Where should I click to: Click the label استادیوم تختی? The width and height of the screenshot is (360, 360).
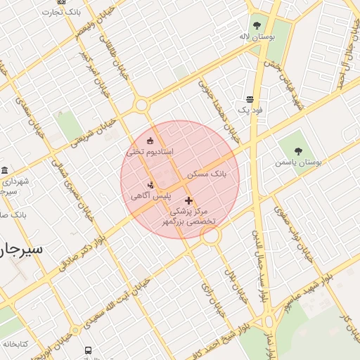tap(148, 151)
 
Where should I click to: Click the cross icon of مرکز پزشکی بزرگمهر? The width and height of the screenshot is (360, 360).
tap(188, 200)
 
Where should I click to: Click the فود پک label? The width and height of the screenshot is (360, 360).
tap(250, 110)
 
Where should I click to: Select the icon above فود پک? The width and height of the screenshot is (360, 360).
tap(250, 100)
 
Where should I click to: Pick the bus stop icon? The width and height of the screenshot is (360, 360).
tap(88, 350)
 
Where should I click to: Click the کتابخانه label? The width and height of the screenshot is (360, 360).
tap(14, 344)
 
